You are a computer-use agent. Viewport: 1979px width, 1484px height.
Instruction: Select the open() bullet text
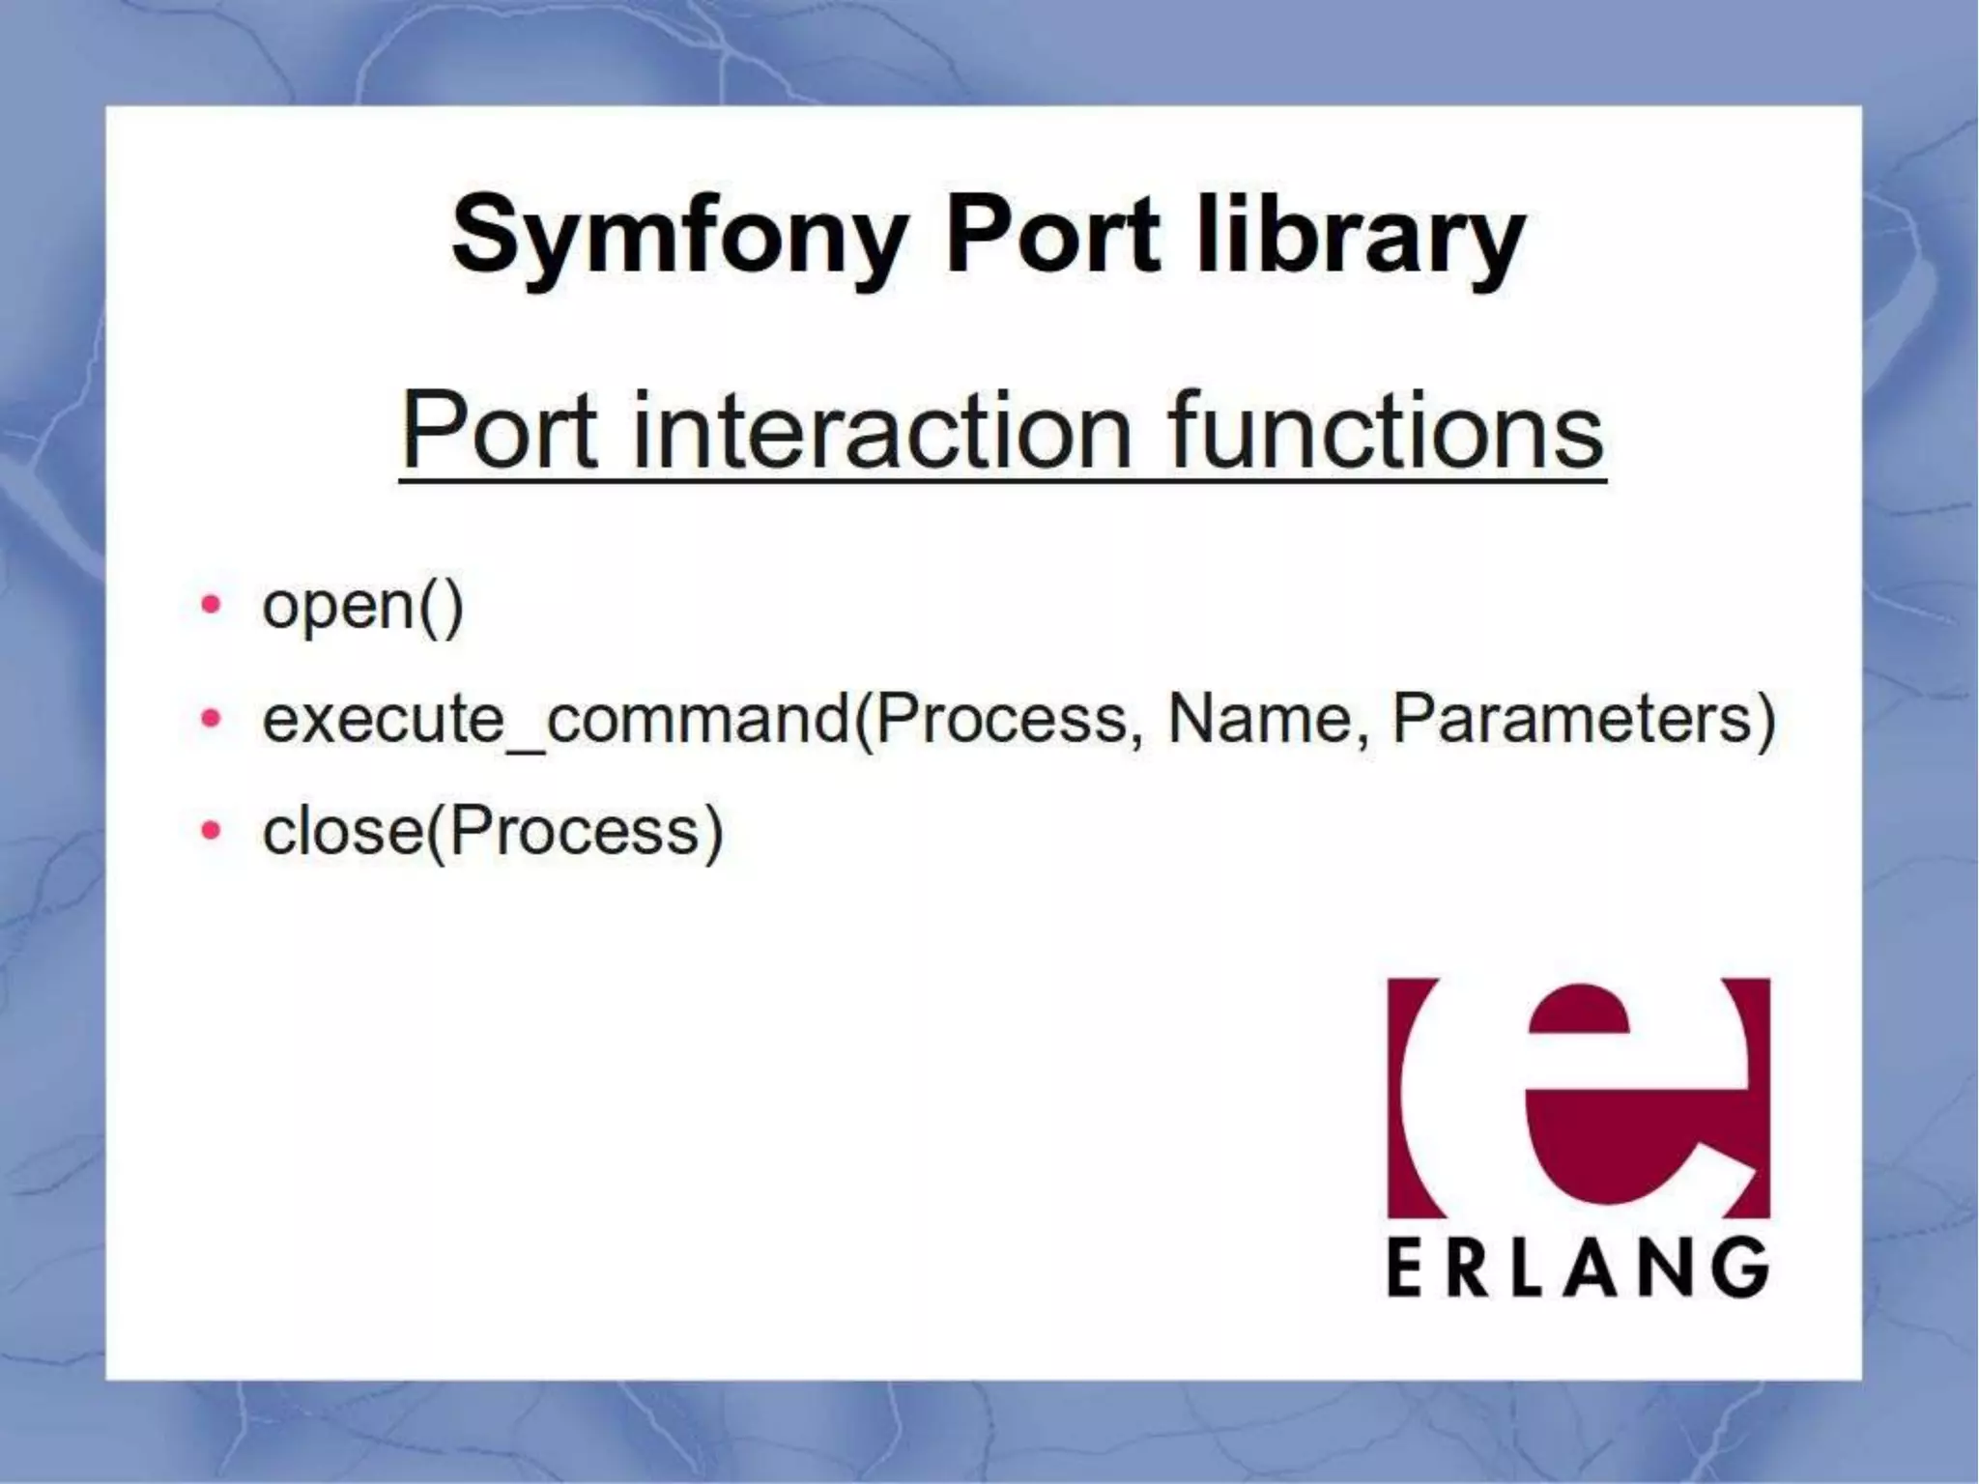tap(363, 607)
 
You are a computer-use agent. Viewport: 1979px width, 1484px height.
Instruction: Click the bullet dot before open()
tap(211, 606)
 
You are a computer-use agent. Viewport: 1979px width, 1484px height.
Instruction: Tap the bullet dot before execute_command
tap(211, 719)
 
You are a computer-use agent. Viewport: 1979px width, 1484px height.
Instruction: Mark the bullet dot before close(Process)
tap(211, 831)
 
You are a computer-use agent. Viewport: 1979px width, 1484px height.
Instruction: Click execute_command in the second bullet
tap(556, 720)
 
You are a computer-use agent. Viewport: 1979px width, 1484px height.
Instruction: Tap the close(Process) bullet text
tap(493, 832)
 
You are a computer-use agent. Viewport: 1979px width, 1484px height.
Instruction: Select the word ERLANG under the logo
tap(1578, 1269)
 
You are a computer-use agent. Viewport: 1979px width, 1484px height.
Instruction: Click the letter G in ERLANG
tap(1740, 1269)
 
